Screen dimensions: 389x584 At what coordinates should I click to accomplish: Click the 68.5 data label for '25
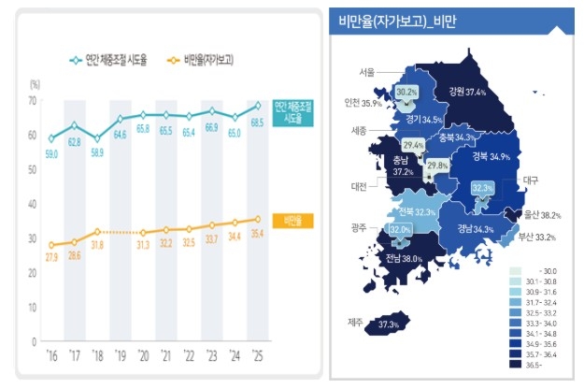(x=257, y=123)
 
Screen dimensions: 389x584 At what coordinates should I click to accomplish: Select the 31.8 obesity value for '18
(x=97, y=246)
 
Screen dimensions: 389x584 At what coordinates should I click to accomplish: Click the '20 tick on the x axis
(x=143, y=356)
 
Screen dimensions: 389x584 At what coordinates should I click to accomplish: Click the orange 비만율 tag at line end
(x=289, y=220)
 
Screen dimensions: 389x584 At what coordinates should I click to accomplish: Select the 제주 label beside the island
(x=355, y=324)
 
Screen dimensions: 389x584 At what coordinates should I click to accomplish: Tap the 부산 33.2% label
(x=538, y=238)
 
